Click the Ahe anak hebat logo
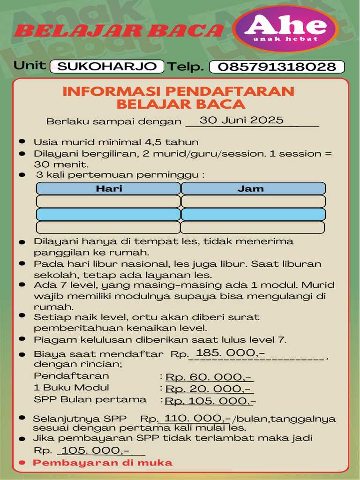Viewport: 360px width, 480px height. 285,29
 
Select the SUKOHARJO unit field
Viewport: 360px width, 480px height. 107,67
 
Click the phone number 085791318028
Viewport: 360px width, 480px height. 277,67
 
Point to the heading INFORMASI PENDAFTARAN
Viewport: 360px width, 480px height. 178,90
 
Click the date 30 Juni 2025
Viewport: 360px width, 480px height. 241,120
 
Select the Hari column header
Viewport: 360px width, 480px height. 109,189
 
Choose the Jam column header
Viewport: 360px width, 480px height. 253,189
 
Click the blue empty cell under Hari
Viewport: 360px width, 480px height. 109,215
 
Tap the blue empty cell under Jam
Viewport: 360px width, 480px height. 253,215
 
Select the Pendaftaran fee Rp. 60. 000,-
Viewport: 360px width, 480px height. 210,377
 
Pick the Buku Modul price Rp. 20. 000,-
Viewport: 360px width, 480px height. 210,389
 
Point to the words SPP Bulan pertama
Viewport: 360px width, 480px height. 90,400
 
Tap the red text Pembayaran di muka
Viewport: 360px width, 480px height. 103,463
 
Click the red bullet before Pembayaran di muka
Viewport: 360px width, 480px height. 22,463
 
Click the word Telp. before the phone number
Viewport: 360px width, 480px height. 186,67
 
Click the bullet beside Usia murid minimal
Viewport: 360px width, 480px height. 22,142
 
